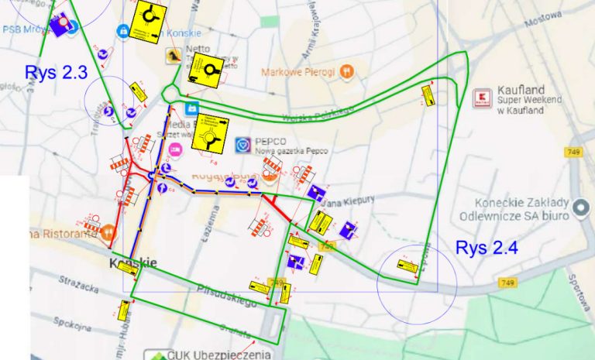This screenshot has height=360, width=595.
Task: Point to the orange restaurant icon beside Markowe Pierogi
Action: coord(348,72)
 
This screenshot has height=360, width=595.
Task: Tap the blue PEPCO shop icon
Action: coord(242,145)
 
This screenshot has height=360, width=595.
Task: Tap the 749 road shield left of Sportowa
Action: coord(508,283)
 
